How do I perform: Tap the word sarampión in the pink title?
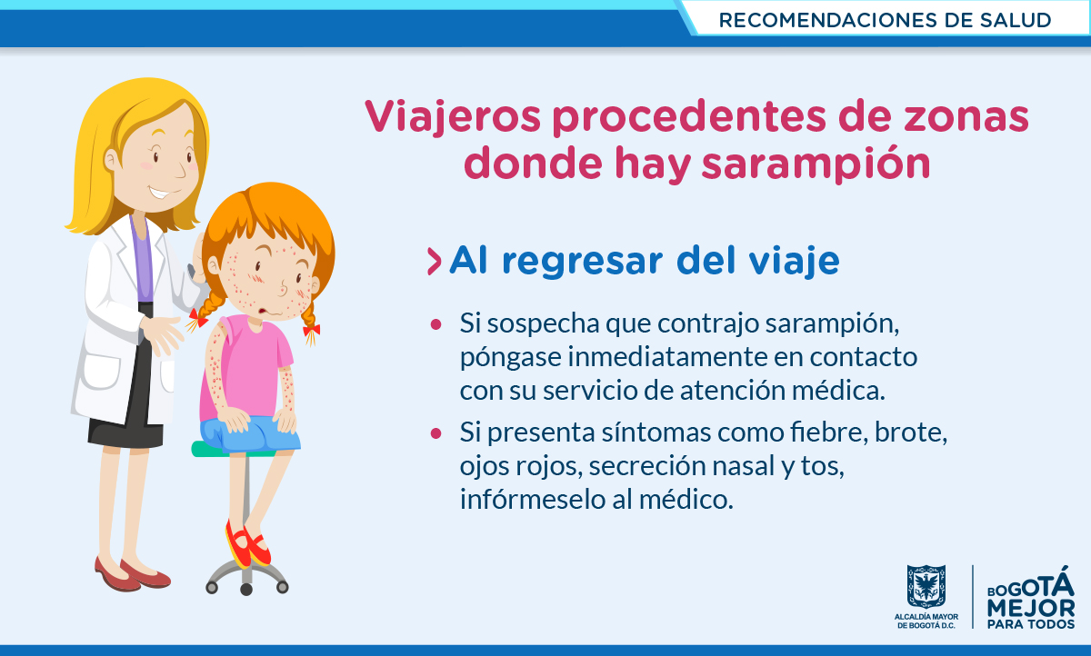point(816,164)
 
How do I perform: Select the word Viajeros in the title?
point(453,117)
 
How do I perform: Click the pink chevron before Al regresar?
point(434,262)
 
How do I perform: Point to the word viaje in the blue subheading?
point(794,262)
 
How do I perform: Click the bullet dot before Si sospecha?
point(435,324)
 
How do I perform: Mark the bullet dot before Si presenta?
point(435,433)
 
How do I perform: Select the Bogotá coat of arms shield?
point(926,586)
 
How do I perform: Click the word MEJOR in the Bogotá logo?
point(1031,609)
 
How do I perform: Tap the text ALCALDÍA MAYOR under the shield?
point(926,617)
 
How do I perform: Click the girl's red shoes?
point(247,545)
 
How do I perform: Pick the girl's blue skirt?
point(250,434)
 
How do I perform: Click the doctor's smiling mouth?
point(160,194)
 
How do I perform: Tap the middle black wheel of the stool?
point(246,590)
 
